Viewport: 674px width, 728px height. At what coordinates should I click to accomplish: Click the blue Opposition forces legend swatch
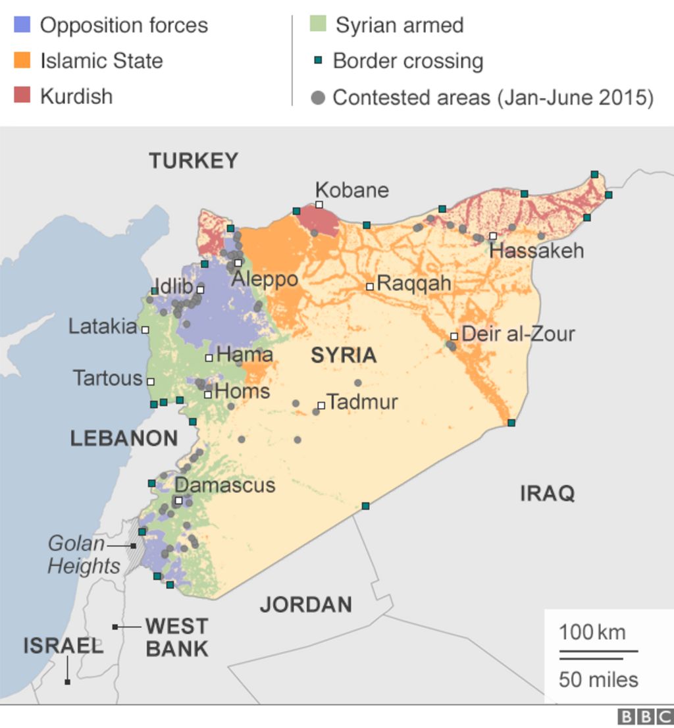click(22, 25)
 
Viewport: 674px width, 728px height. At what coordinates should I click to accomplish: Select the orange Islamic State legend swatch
click(22, 61)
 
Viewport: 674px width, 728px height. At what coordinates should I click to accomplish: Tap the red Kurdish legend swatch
click(22, 96)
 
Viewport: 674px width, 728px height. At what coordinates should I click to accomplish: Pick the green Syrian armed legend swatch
click(318, 25)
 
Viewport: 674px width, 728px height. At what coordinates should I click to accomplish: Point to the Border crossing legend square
click(317, 61)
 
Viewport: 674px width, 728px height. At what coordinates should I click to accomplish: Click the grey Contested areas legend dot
click(318, 98)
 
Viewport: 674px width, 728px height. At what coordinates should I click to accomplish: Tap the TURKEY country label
click(193, 161)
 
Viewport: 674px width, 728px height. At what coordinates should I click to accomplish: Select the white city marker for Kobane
click(319, 205)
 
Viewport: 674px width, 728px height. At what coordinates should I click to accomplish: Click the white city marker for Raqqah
click(370, 286)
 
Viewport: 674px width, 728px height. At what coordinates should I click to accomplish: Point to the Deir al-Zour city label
click(518, 334)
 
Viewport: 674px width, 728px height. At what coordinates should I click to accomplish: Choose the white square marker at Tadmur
click(321, 405)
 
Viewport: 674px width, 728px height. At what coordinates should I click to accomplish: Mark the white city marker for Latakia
click(145, 330)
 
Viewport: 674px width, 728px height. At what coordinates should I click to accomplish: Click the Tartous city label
click(107, 378)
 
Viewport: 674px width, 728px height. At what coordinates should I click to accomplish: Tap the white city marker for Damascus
click(178, 500)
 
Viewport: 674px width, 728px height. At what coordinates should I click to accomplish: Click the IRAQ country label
click(547, 493)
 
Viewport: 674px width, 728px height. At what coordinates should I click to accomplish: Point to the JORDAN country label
click(305, 604)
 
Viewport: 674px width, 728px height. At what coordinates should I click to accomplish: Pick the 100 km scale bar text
click(592, 633)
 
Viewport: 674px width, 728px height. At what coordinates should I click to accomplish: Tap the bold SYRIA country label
click(344, 355)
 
